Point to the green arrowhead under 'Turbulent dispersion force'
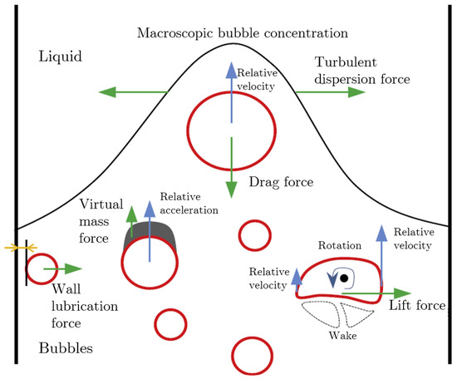point(356,91)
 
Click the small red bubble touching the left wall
point(42,268)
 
